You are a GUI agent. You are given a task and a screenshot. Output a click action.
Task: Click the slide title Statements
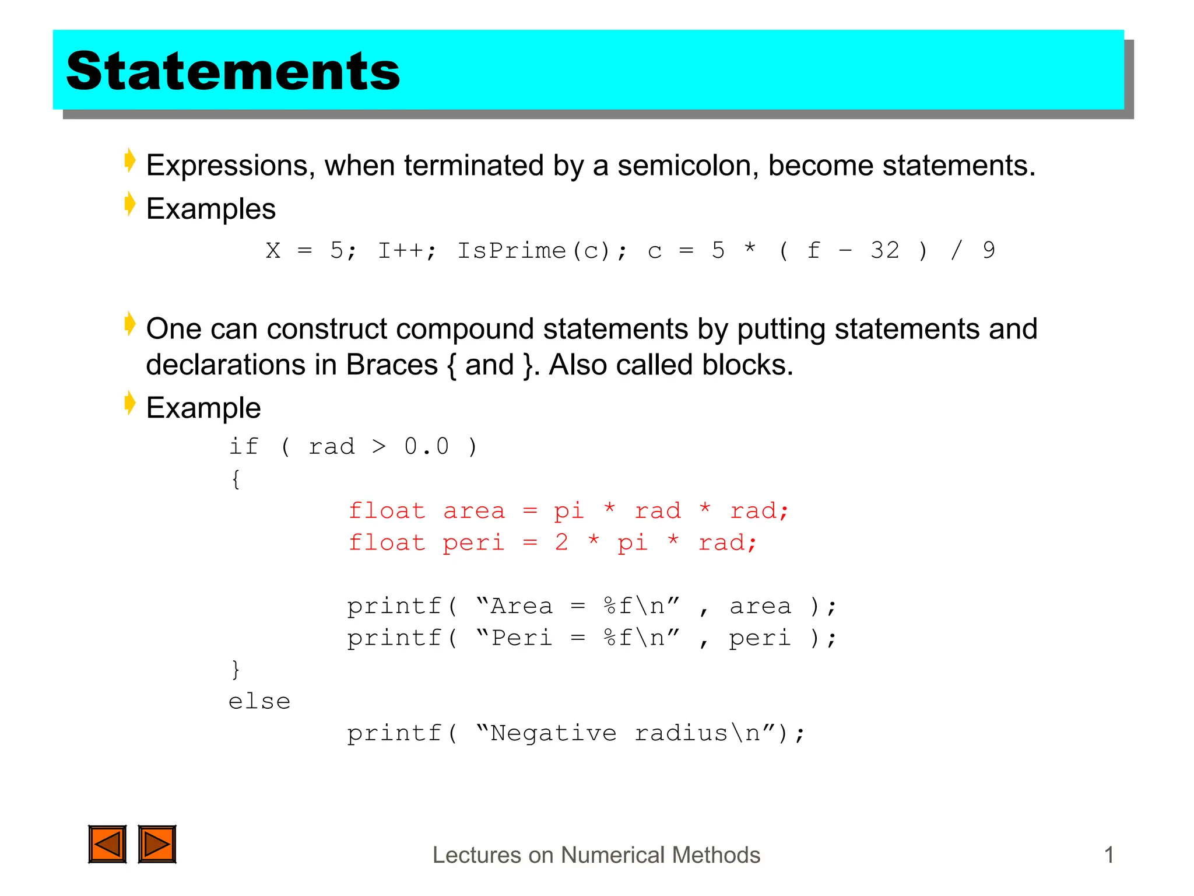[233, 71]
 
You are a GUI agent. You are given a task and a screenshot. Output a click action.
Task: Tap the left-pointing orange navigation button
[107, 843]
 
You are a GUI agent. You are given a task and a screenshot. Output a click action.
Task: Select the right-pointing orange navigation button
[157, 843]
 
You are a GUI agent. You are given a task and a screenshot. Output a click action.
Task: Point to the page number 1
[1109, 855]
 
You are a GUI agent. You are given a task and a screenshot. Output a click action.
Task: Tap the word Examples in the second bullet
[210, 209]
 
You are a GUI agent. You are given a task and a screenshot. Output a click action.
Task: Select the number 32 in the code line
[884, 251]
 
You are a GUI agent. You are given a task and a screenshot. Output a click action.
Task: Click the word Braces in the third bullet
[392, 365]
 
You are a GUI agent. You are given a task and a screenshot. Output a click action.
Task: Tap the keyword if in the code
[243, 447]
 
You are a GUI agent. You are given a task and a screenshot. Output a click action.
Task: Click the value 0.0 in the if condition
[426, 447]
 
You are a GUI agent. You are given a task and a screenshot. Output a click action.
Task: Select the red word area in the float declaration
[473, 512]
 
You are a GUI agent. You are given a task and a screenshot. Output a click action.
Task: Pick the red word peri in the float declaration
[473, 544]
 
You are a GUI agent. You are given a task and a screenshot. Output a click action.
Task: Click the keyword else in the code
[259, 702]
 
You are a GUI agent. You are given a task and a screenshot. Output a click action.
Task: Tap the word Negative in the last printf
[553, 733]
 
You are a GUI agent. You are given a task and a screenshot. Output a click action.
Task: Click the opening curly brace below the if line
[236, 480]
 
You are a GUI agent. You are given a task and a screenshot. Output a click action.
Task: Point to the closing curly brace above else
[236, 669]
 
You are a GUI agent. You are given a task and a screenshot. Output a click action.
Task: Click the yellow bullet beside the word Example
[130, 403]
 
